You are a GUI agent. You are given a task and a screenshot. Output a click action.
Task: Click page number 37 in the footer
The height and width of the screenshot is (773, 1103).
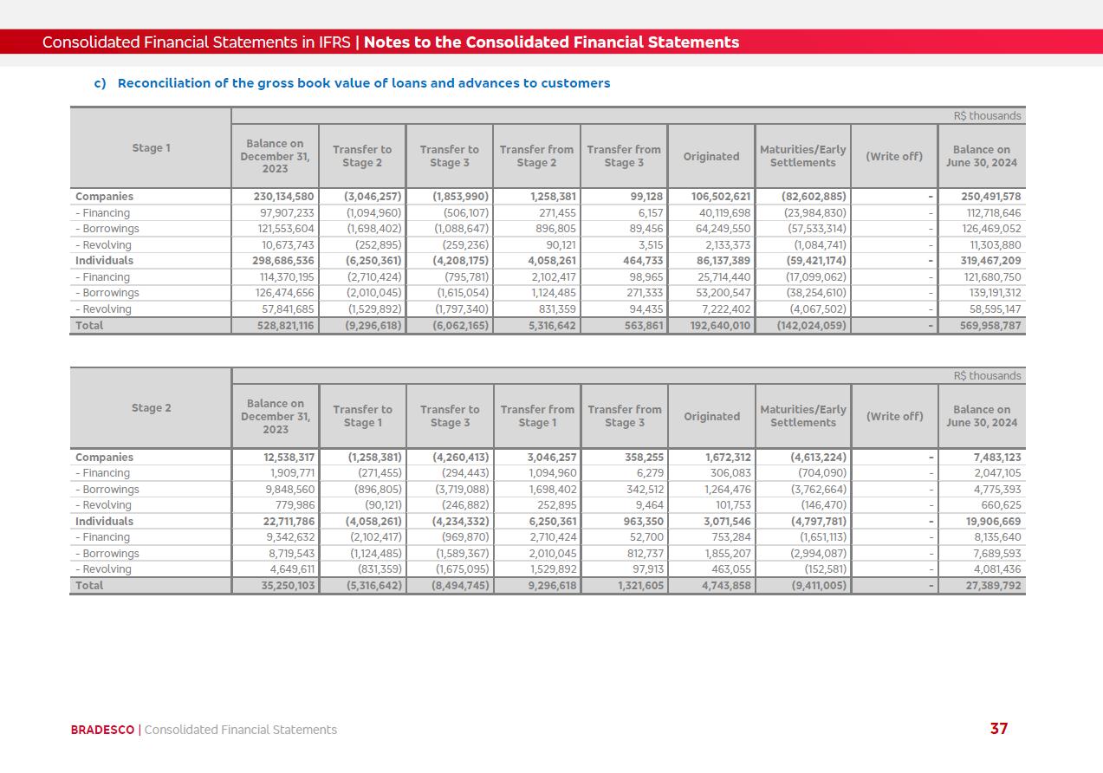[999, 729]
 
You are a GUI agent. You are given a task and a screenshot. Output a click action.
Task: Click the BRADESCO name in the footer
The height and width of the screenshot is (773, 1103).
[102, 730]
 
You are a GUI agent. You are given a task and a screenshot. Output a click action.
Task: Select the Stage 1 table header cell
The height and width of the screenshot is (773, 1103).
[151, 148]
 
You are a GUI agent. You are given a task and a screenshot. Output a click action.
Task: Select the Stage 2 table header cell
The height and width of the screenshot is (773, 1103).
[151, 408]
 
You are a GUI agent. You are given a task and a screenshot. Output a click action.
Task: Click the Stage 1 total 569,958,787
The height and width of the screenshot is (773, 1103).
[984, 326]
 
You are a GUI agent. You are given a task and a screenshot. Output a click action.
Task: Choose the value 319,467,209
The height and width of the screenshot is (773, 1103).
[984, 261]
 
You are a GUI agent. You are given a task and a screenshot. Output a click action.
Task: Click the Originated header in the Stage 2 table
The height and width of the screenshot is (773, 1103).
[711, 417]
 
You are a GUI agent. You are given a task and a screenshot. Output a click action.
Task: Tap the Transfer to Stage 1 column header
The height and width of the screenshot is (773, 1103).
[362, 417]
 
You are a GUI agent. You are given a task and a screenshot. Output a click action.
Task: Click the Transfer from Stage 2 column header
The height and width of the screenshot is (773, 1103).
[536, 156]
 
